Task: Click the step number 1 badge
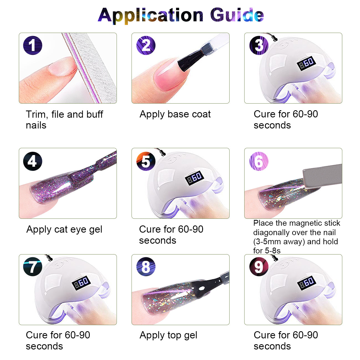32,45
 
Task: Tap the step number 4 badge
32,161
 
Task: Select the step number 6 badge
259,161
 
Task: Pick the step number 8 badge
146,267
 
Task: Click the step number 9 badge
259,267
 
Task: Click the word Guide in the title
237,15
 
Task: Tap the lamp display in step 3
306,63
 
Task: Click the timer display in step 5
194,178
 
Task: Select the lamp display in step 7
81,283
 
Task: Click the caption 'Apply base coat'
175,114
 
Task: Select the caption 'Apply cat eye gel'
64,230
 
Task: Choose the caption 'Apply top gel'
168,335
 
